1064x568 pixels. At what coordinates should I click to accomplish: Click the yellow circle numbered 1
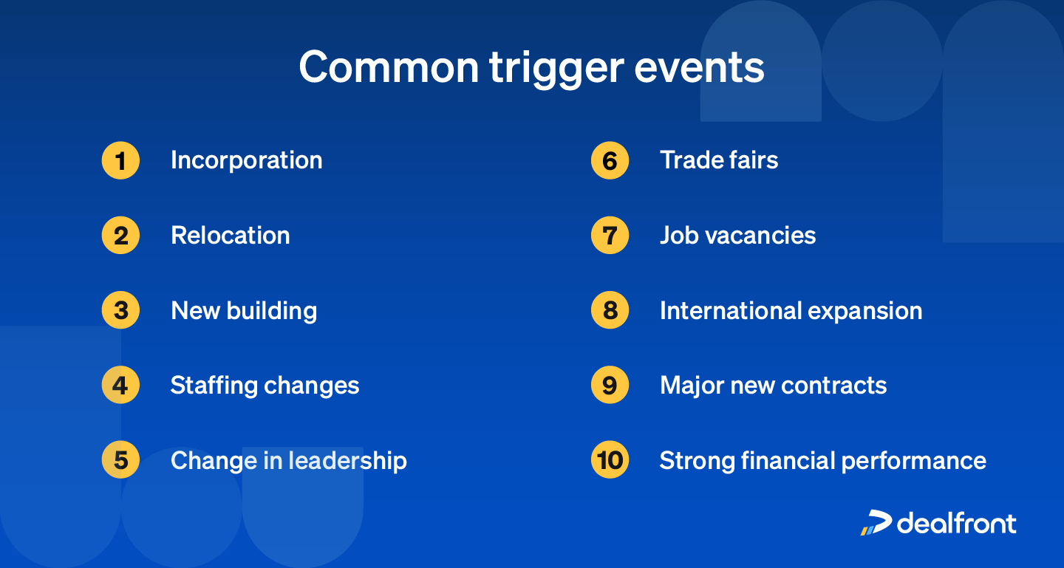tap(120, 160)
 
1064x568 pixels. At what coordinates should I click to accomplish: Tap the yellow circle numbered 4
tap(120, 385)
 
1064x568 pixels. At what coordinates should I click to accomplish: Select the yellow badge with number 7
tap(610, 235)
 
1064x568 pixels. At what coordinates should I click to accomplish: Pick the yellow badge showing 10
tap(610, 459)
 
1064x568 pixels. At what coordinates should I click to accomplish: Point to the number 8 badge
tap(610, 310)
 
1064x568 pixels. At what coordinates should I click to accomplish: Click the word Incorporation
tap(247, 160)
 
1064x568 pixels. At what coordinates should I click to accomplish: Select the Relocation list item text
tap(231, 235)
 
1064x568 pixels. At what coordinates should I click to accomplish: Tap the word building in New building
tap(272, 312)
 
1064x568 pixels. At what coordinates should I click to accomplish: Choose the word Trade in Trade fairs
tap(691, 160)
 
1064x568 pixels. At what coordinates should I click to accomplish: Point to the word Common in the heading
tap(389, 67)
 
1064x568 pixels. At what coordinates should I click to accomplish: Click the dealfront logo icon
tap(876, 523)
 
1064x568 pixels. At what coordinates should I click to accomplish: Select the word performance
tap(914, 461)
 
